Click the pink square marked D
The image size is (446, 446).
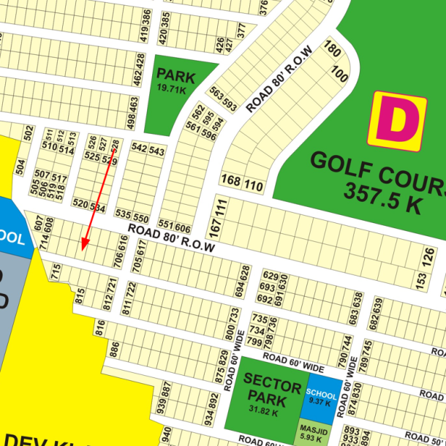(397, 121)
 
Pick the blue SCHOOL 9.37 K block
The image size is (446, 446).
(322, 396)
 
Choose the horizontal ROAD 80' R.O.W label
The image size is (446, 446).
(171, 238)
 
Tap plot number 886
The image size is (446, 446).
(114, 349)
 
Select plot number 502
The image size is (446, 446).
(29, 133)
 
